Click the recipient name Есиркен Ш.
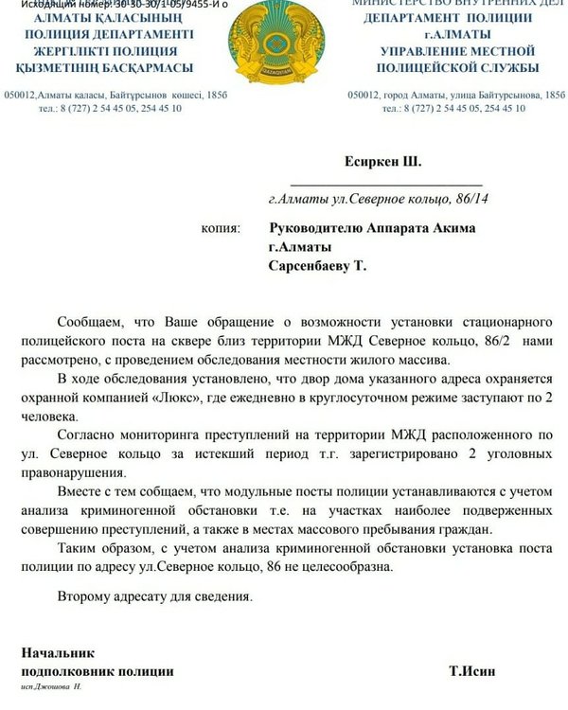click(380, 162)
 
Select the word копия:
click(222, 228)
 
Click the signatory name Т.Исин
click(471, 671)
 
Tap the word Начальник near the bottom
click(58, 653)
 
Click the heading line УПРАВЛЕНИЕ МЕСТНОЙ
click(457, 48)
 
